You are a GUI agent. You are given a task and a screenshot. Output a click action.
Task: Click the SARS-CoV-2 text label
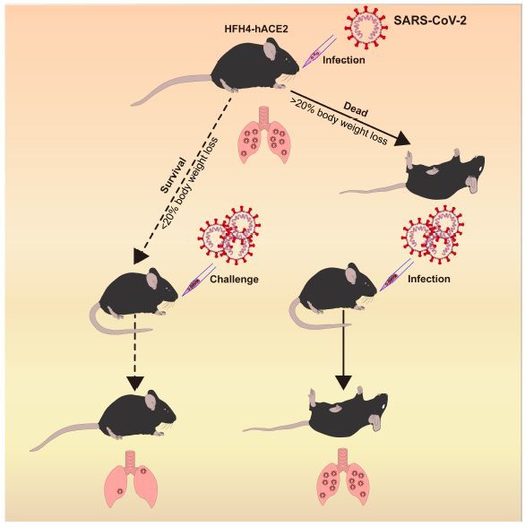[x=430, y=21]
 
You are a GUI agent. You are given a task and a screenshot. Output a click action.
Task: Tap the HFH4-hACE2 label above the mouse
[x=256, y=29]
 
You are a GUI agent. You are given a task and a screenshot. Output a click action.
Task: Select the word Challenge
[x=234, y=279]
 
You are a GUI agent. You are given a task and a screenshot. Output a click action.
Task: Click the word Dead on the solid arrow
[x=356, y=109]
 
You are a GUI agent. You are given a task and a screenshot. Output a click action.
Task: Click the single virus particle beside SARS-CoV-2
[x=366, y=27]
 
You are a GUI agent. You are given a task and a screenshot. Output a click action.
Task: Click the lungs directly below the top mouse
[x=264, y=135]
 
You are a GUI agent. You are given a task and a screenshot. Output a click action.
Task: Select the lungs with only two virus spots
[x=131, y=479]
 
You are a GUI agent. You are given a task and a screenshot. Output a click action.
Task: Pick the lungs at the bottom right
[x=342, y=477]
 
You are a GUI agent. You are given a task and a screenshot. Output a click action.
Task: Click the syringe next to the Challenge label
[x=199, y=280]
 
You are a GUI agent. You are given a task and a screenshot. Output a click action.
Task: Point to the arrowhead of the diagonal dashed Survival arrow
[x=141, y=256]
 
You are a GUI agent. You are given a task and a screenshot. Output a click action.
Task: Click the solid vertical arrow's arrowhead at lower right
[x=343, y=382]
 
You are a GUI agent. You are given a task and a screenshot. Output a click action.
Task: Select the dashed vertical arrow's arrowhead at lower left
[x=135, y=384]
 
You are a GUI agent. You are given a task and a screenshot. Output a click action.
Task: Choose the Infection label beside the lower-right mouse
[x=429, y=279]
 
